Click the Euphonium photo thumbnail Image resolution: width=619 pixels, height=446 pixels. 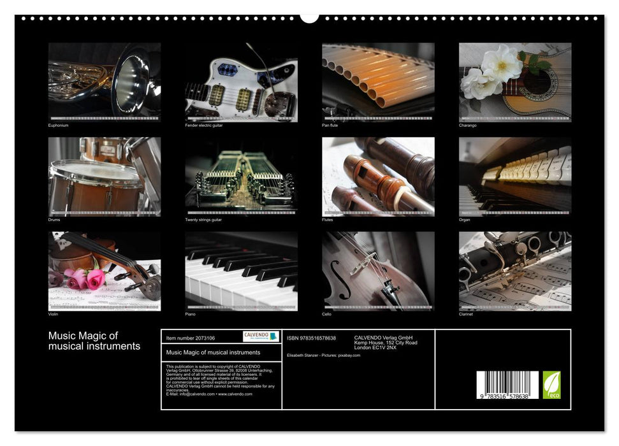(x=105, y=82)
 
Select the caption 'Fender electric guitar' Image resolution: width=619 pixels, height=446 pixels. (x=204, y=126)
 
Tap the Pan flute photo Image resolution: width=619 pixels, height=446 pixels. (x=378, y=82)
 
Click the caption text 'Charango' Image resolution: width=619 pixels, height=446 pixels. (x=468, y=126)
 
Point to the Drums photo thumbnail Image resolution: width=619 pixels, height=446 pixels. (x=105, y=176)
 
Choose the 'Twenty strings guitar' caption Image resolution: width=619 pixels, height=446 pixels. (x=204, y=220)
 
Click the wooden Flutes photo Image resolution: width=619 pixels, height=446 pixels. (x=378, y=176)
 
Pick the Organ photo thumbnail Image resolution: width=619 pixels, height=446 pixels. (x=515, y=176)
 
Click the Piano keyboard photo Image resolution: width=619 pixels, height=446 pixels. (x=241, y=271)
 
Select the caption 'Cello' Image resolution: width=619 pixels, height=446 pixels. (x=328, y=314)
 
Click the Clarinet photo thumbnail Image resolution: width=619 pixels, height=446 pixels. (x=515, y=271)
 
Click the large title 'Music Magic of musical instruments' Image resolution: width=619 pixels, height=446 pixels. (x=94, y=341)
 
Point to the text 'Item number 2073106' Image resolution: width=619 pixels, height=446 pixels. (x=190, y=338)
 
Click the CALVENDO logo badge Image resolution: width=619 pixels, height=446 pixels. (x=261, y=336)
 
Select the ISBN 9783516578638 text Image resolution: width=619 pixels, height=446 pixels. (x=311, y=338)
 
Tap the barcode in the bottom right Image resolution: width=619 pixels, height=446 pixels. (x=507, y=385)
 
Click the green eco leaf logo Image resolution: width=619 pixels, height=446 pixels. (x=551, y=385)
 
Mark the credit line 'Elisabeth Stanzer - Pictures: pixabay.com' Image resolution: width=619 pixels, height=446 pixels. (x=324, y=356)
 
